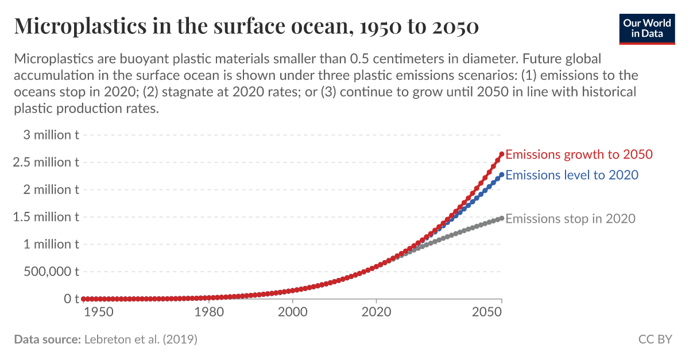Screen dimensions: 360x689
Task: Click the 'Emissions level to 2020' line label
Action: (572, 175)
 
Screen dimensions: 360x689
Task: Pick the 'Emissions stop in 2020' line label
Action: (570, 219)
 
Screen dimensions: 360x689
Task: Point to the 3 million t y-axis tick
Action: (47, 135)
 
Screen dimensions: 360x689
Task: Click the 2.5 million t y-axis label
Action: (46, 162)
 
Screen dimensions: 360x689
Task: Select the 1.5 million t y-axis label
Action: (46, 217)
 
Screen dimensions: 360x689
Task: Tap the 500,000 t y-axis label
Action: (51, 272)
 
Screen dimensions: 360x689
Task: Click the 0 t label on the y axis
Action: (71, 299)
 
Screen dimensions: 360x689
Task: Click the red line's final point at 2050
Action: (502, 154)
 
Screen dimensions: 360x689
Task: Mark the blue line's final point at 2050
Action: (502, 175)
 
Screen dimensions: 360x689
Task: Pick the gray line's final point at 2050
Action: (502, 218)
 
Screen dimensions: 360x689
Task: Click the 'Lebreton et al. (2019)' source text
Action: (141, 339)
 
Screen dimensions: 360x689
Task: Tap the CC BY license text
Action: (655, 339)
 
